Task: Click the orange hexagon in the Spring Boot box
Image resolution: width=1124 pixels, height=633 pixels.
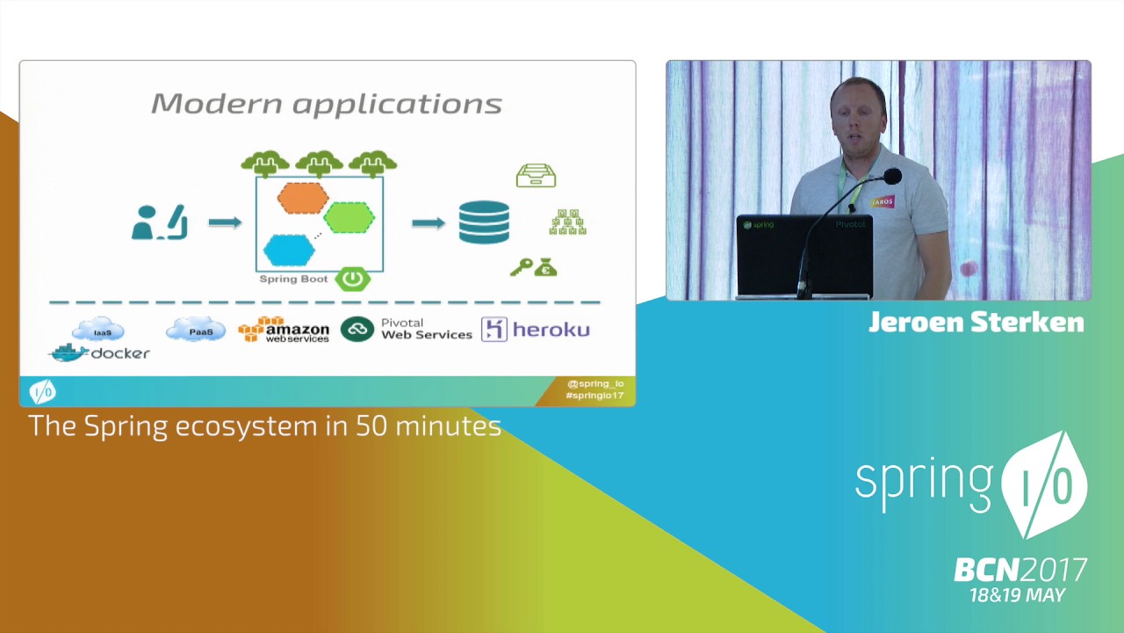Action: [x=303, y=198]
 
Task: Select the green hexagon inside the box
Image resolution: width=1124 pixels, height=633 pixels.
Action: [x=349, y=218]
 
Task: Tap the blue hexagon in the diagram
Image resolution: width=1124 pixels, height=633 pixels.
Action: [x=289, y=251]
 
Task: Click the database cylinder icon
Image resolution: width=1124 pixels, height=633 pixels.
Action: [x=484, y=222]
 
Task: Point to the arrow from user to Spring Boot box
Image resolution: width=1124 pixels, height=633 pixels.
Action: [x=225, y=222]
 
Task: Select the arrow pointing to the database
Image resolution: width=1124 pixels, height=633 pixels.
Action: [x=429, y=222]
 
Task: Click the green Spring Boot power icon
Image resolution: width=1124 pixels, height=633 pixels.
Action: [x=352, y=280]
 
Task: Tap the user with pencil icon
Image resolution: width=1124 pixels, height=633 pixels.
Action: [x=159, y=222]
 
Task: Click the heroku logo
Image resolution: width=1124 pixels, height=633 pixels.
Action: [x=536, y=330]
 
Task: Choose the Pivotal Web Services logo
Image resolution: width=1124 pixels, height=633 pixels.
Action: [x=407, y=330]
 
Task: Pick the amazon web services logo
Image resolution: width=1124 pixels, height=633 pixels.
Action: [x=284, y=330]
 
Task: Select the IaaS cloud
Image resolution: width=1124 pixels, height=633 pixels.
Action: [x=98, y=331]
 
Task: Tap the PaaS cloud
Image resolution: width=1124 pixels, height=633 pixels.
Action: [x=195, y=331]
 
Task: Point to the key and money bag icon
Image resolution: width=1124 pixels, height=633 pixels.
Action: [x=534, y=267]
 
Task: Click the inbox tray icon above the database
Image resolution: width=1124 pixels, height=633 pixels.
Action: [x=536, y=176]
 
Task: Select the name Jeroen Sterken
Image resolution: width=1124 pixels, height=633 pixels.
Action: [x=976, y=323]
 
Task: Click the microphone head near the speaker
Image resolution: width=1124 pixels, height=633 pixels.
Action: [x=892, y=177]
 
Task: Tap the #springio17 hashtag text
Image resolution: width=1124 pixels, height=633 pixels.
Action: [x=594, y=396]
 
